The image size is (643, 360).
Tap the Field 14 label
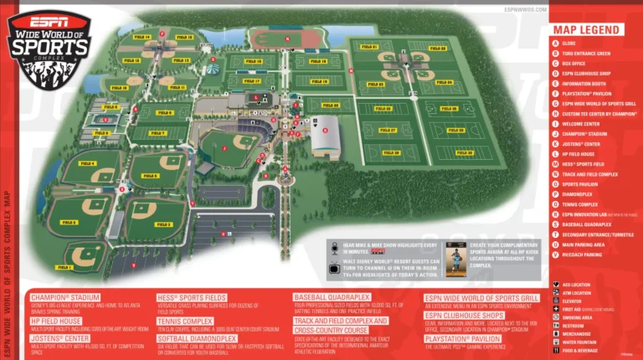click(141, 38)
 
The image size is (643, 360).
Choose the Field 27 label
click(388, 131)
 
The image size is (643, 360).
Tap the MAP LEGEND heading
click(586, 30)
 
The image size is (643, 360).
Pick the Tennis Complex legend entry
click(578, 203)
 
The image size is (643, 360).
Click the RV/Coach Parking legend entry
click(582, 254)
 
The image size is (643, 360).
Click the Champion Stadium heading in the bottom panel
click(65, 296)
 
